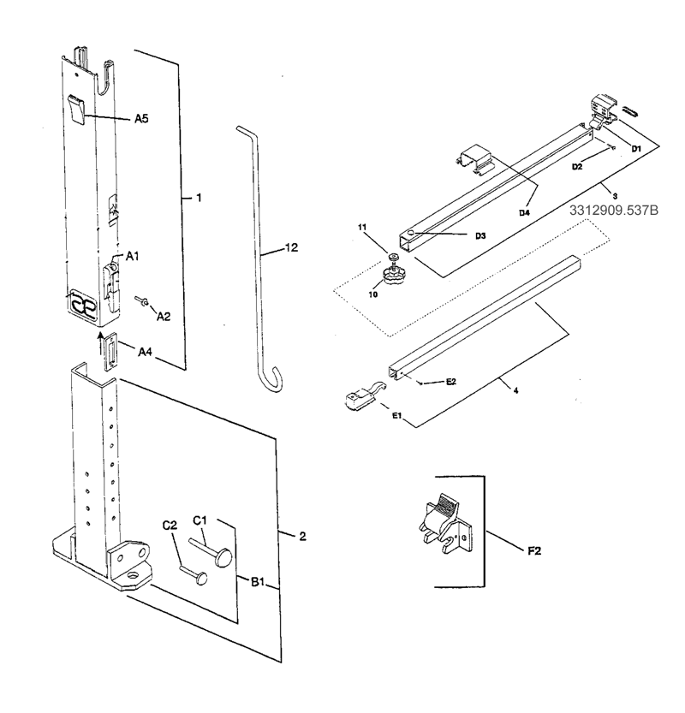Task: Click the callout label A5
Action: click(141, 120)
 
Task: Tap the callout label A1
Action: click(133, 256)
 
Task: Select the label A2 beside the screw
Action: click(163, 316)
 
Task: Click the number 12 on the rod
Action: click(291, 248)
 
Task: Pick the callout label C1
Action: click(200, 520)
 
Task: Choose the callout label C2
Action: click(171, 526)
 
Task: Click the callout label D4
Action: click(524, 212)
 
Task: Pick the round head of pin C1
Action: click(225, 557)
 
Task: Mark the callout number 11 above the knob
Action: click(362, 227)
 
